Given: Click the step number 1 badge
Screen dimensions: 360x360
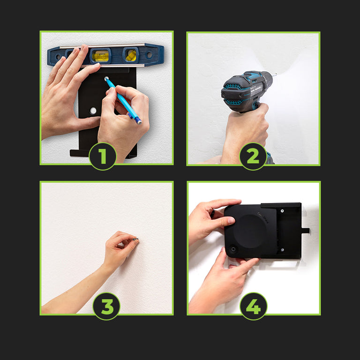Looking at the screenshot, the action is [x=103, y=157].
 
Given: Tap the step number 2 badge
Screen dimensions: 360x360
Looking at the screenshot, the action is [x=253, y=157].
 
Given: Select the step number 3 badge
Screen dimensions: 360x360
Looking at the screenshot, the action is [x=106, y=306].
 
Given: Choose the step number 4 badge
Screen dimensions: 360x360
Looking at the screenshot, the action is [x=254, y=306].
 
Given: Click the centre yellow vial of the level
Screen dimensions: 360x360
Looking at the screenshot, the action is [x=100, y=56].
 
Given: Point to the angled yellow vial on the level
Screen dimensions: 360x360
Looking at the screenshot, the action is [x=131, y=55].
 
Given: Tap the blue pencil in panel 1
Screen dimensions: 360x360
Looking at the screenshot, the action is [x=123, y=101].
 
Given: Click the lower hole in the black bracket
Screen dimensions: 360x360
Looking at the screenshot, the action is [x=93, y=111].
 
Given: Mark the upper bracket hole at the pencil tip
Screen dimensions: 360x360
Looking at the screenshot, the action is [x=106, y=79].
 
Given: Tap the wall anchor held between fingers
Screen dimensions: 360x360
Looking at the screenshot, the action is [x=135, y=239].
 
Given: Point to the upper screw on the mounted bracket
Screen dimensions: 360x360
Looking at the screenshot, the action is [x=282, y=211].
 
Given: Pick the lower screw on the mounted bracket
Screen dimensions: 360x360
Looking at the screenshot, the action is [x=282, y=250].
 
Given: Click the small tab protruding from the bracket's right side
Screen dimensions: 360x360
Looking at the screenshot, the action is [x=305, y=230].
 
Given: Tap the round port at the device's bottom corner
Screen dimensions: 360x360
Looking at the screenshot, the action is [x=233, y=249].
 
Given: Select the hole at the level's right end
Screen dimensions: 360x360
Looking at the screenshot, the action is [x=149, y=55].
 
